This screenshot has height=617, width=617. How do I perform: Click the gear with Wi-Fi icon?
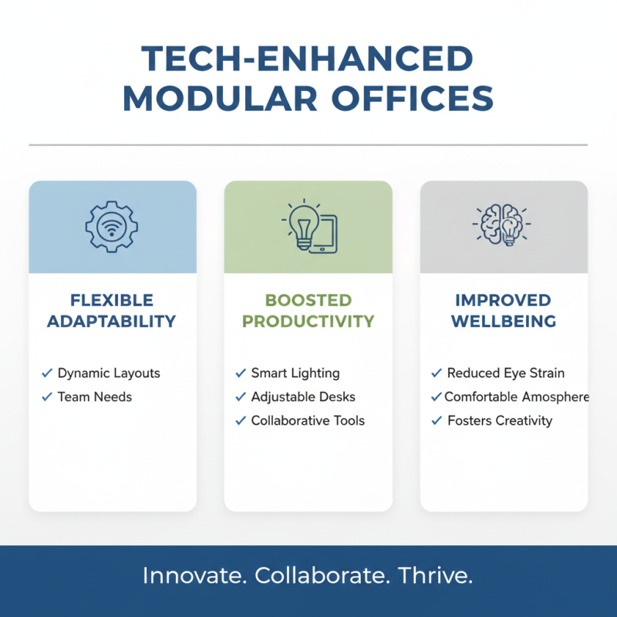tap(113, 227)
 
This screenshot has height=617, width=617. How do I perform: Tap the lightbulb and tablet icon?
tap(308, 227)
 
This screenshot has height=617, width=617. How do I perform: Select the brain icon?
tap(504, 225)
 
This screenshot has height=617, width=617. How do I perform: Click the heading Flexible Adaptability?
tap(112, 311)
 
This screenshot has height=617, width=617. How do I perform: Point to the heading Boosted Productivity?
tap(308, 311)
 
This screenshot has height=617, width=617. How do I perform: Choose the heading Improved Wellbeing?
tap(504, 311)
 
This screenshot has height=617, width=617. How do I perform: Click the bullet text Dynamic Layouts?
tap(109, 373)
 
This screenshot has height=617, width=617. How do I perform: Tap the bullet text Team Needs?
tap(95, 397)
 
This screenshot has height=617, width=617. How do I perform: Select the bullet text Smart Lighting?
tap(295, 373)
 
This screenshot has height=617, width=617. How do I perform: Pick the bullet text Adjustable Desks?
tap(303, 397)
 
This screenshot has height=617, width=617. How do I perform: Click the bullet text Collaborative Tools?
tap(308, 421)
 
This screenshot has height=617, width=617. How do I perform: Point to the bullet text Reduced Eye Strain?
tap(506, 373)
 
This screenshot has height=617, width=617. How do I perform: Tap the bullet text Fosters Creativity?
tap(500, 421)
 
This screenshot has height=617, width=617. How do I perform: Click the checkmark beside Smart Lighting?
tap(240, 373)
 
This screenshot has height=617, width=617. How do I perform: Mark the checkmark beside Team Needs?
tap(46, 397)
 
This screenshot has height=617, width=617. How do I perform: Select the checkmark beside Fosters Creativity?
tap(437, 421)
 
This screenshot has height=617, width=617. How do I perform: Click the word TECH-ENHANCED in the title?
tap(308, 60)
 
